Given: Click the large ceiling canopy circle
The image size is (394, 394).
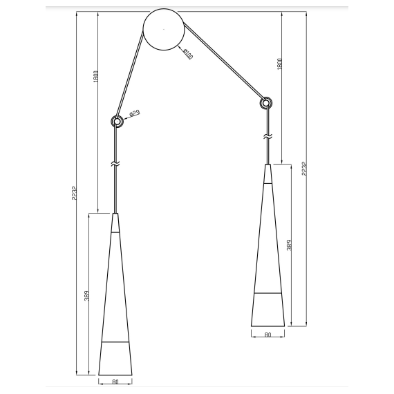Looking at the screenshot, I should [x=163, y=31].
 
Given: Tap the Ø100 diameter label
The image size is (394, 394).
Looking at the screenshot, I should [x=187, y=53].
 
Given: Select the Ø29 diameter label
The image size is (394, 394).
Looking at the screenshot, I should [x=134, y=112].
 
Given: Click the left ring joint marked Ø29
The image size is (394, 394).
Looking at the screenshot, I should [x=118, y=122].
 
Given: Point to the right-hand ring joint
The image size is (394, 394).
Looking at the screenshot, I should [x=265, y=104].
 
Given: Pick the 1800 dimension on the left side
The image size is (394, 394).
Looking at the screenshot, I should [x=95, y=77].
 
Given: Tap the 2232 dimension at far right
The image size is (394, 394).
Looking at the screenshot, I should [x=303, y=170].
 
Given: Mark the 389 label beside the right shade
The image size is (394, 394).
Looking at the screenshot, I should [x=288, y=245].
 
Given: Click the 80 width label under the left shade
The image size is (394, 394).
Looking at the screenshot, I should [x=115, y=381].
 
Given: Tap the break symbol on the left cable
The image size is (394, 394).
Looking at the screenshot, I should [x=116, y=164].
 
